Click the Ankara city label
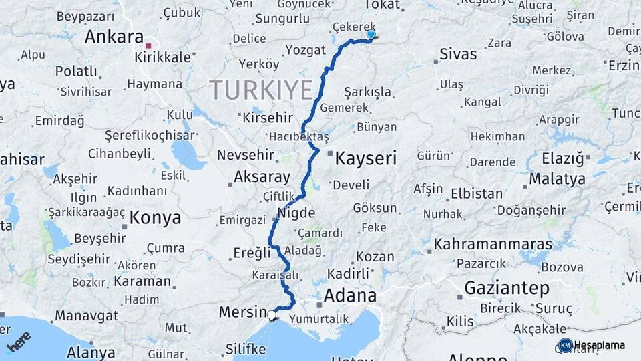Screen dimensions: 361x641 coord(114,37)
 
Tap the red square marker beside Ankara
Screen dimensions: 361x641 coord(149,45)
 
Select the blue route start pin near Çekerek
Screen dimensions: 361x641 coord(371,35)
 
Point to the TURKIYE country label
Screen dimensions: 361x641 coord(261,90)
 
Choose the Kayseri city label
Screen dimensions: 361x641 coord(365,158)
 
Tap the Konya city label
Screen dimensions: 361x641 coord(155,217)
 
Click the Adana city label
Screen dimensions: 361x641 coord(351,295)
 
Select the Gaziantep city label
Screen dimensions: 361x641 coord(507,288)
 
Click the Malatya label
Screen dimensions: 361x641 coord(557,178)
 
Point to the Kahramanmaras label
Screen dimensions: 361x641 coord(493,244)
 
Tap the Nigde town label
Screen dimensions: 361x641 coord(296,214)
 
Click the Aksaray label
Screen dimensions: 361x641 coord(262,178)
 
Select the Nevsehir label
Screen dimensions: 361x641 coord(246,155)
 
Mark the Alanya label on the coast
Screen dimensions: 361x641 coord(91,352)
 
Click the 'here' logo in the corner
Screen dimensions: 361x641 coord(18,342)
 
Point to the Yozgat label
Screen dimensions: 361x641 coord(305,50)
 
